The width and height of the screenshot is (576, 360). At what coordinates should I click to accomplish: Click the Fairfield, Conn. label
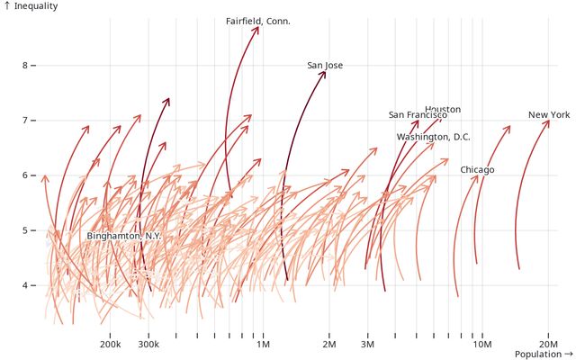pos(257,21)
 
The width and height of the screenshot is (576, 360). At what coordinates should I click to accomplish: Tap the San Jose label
pos(325,65)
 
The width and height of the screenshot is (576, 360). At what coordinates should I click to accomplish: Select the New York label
pos(549,114)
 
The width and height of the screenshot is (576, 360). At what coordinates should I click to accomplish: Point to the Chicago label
pos(477,169)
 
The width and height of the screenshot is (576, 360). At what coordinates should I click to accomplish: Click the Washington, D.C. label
pos(434,137)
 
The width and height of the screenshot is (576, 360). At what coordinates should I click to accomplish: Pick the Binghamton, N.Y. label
pos(123,236)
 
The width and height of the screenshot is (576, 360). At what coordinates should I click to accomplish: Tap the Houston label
pos(443,109)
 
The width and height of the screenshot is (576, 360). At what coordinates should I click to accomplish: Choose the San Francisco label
pos(418,115)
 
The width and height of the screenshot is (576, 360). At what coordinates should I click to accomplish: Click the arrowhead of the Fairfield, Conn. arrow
pos(257,28)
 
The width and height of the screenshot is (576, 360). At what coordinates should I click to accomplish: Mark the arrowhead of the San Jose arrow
pos(325,72)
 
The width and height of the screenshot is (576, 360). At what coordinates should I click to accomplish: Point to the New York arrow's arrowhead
pos(548,121)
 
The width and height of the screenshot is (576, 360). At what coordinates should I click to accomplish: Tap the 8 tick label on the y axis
pos(26,66)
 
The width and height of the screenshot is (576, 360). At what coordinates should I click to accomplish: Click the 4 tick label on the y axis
pos(26,286)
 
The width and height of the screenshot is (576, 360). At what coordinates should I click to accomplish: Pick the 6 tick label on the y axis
pos(26,175)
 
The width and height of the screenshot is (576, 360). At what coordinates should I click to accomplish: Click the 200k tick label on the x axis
pos(110,345)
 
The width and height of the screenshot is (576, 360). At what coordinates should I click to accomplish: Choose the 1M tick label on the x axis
pos(264,345)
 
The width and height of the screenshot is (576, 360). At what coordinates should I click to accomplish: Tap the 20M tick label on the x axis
pos(549,345)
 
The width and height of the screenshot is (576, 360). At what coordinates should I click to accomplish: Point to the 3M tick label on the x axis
pos(367,345)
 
